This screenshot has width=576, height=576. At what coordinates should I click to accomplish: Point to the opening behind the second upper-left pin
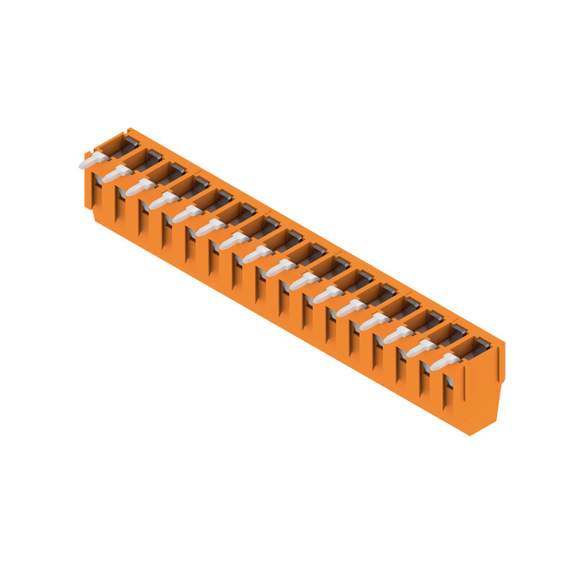coord(139,161)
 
